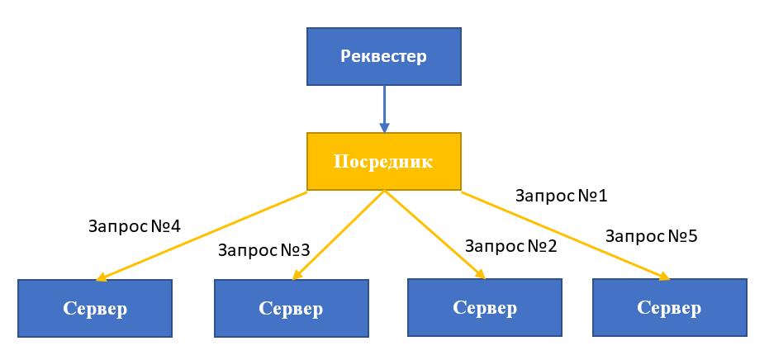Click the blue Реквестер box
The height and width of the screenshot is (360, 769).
tap(384, 56)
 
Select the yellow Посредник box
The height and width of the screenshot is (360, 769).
tap(383, 161)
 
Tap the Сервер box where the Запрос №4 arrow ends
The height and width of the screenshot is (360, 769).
tap(95, 308)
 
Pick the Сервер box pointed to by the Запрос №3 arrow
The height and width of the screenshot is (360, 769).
tap(291, 308)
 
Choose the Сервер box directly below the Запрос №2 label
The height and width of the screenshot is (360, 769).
tap(485, 307)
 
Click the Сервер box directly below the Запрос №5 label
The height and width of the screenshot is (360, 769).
tap(670, 307)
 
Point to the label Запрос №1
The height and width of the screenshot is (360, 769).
tap(561, 196)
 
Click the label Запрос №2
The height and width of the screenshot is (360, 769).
tap(511, 245)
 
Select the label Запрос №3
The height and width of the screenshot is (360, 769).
tap(263, 249)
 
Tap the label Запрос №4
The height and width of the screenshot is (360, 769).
tap(134, 225)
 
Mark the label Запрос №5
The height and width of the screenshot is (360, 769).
tap(652, 236)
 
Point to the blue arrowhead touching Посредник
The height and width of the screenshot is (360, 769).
tap(384, 127)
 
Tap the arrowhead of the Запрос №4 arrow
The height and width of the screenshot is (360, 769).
tap(102, 278)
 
